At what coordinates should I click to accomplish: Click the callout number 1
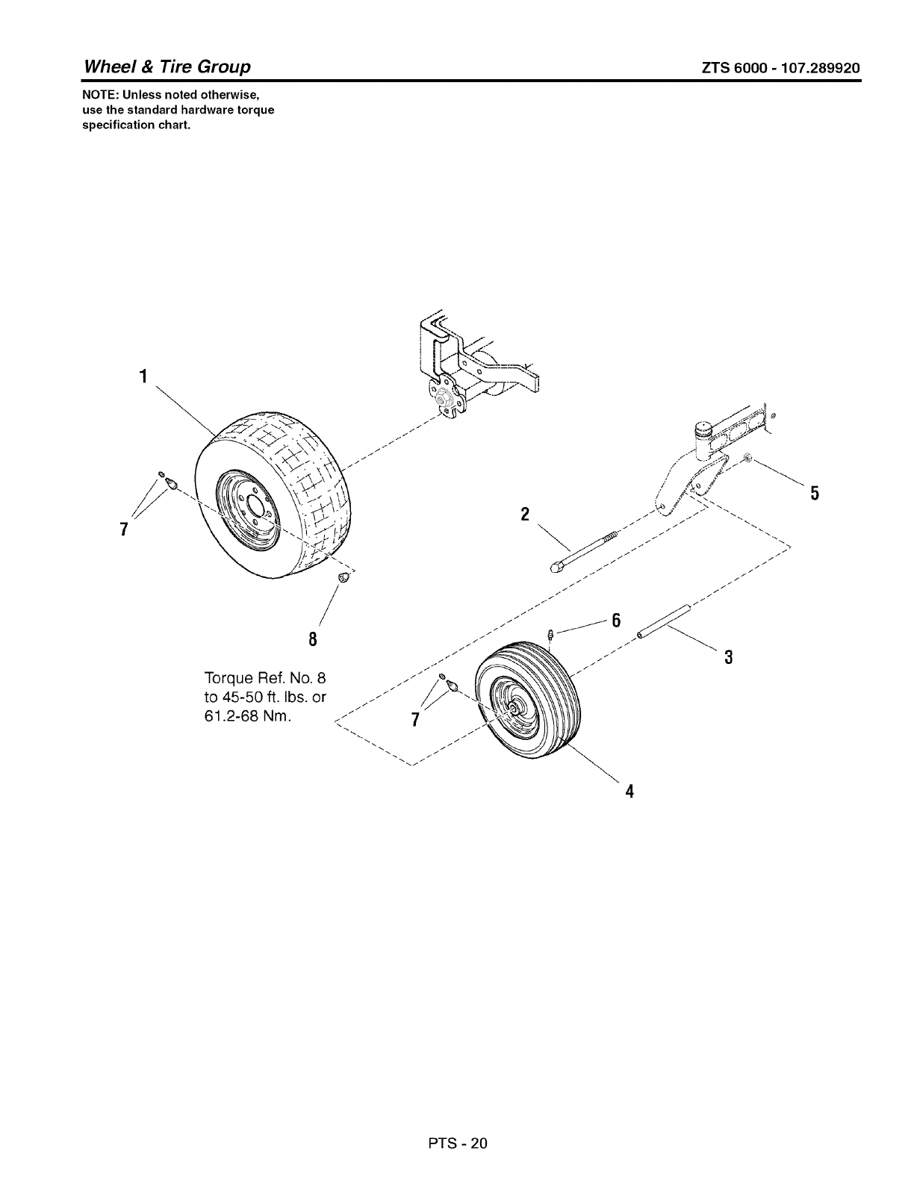[x=142, y=376]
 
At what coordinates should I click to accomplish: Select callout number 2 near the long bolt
[x=525, y=514]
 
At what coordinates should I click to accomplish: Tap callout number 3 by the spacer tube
[x=729, y=657]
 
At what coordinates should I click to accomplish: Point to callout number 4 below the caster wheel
[x=629, y=791]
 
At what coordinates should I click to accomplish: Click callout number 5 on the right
[x=815, y=493]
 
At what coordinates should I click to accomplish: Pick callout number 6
[x=616, y=620]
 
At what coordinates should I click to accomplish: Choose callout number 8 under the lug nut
[x=313, y=639]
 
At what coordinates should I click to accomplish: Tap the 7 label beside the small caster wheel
[x=415, y=719]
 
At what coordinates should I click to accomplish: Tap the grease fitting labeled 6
[x=550, y=634]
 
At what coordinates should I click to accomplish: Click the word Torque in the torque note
[x=227, y=678]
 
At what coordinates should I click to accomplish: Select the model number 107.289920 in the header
[x=816, y=68]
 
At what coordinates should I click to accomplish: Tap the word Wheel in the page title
[x=108, y=67]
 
